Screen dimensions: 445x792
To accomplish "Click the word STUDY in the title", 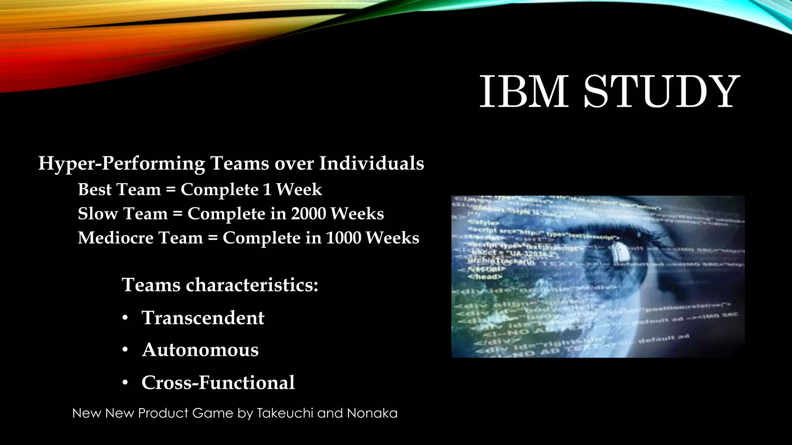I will (661, 92).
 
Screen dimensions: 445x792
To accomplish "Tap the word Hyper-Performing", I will (121, 164).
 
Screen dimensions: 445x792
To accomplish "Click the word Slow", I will (97, 214).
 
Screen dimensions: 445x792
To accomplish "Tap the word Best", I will (95, 189).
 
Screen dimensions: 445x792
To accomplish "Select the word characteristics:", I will (252, 285).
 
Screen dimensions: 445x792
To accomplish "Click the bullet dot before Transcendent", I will (125, 318).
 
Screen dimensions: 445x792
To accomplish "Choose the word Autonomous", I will (200, 350).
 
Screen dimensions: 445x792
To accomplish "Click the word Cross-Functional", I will (218, 382).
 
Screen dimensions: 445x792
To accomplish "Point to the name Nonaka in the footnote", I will (372, 413).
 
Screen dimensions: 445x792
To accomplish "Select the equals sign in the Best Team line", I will (171, 190).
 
